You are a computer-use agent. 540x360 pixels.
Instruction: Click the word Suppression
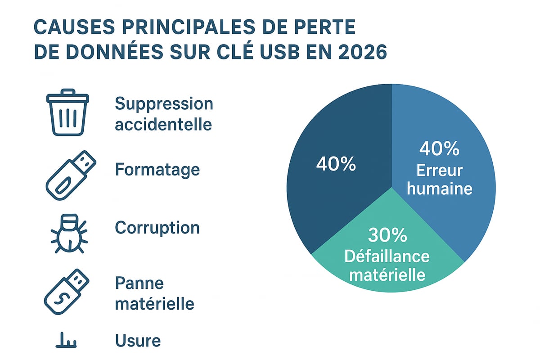click(164, 104)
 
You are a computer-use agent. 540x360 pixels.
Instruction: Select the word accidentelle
click(163, 124)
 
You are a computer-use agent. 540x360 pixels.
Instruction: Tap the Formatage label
click(157, 170)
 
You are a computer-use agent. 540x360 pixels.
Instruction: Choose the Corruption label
click(157, 228)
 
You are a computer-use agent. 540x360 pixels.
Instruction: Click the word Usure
click(138, 341)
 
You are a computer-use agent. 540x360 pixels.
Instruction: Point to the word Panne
click(139, 283)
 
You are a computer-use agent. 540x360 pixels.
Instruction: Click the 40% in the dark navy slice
click(336, 164)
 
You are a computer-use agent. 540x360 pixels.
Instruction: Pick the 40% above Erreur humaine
click(439, 149)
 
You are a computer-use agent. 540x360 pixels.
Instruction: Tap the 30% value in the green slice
click(387, 235)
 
